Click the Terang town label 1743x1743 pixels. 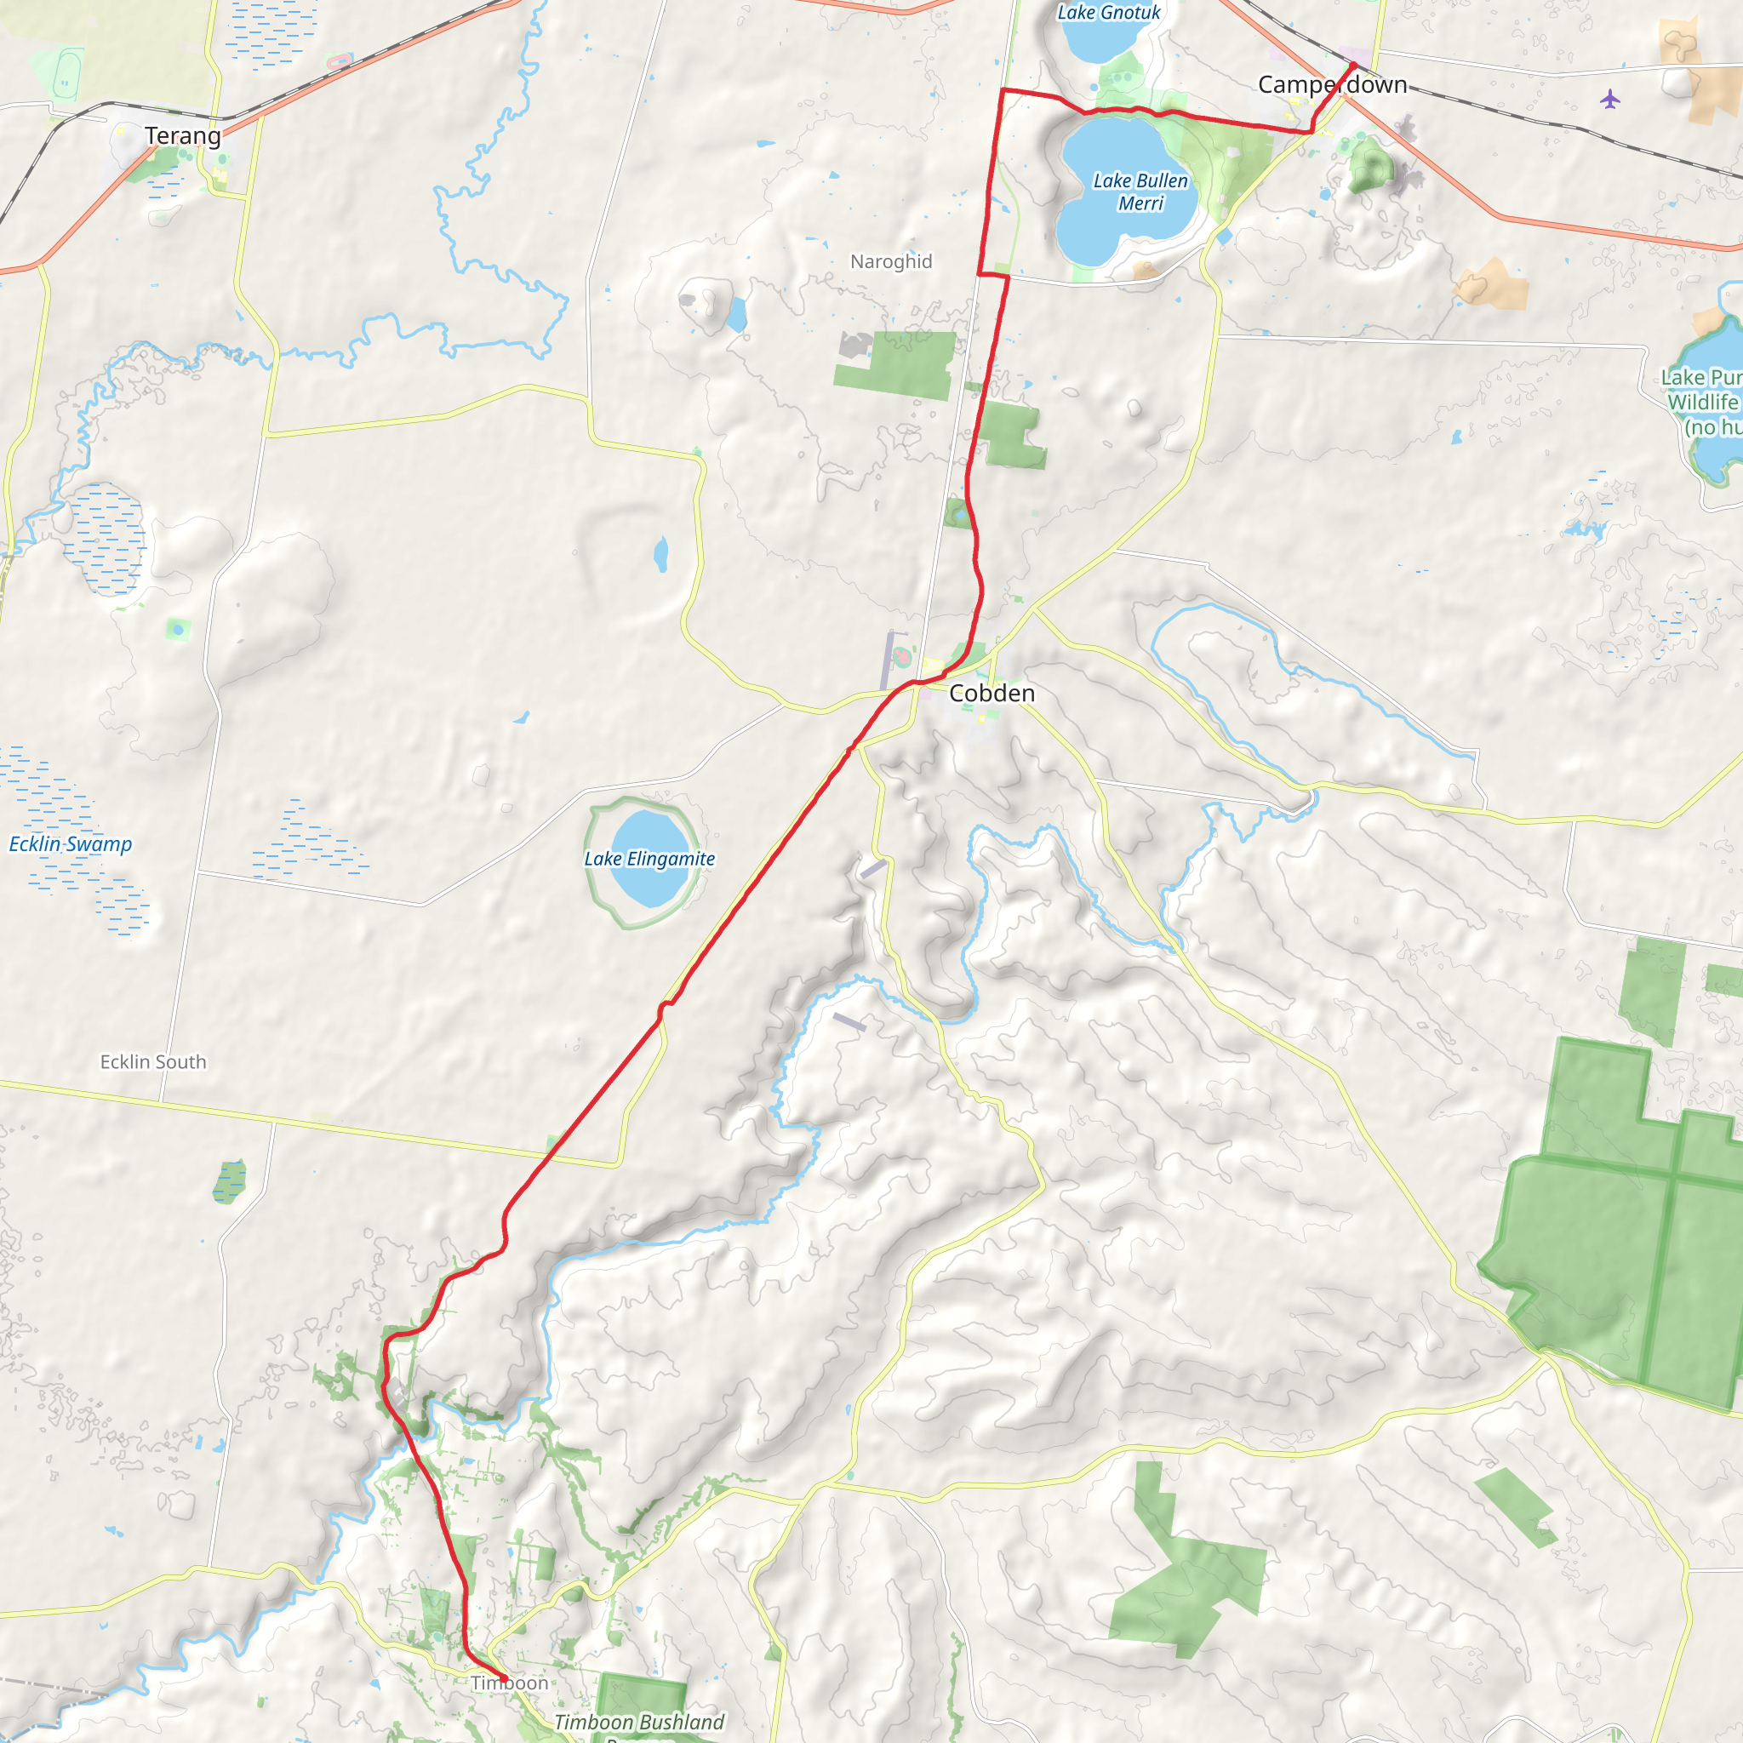pyautogui.click(x=182, y=136)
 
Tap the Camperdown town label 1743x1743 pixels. pyautogui.click(x=1333, y=85)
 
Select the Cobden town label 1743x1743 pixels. pyautogui.click(x=992, y=693)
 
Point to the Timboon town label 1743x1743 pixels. pyautogui.click(x=510, y=1683)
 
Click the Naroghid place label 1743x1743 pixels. pyautogui.click(x=890, y=261)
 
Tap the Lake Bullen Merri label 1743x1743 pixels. pyautogui.click(x=1140, y=192)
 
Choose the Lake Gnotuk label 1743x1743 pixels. pyautogui.click(x=1109, y=13)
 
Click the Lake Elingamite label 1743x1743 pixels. pyautogui.click(x=649, y=859)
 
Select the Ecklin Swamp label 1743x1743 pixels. pyautogui.click(x=71, y=844)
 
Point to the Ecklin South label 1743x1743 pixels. pyautogui.click(x=153, y=1062)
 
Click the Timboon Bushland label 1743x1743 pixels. pyautogui.click(x=639, y=1723)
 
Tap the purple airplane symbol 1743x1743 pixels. pyautogui.click(x=1610, y=99)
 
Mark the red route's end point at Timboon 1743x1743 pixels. pyautogui.click(x=506, y=1679)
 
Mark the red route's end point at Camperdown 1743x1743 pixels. pyautogui.click(x=1354, y=65)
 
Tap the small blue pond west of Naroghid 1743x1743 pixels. pyautogui.click(x=736, y=314)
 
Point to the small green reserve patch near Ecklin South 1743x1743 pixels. pyautogui.click(x=229, y=1182)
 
